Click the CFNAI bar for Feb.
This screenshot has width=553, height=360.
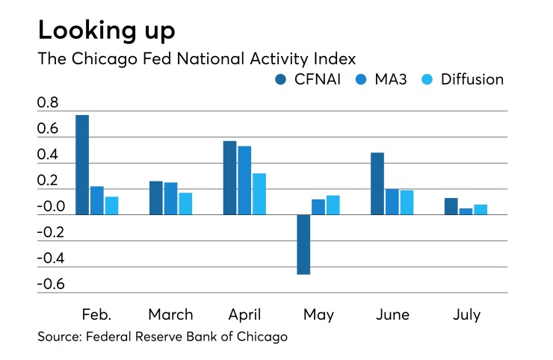[82, 165]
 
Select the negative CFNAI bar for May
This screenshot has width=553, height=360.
[303, 244]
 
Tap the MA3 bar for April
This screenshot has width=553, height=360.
[244, 180]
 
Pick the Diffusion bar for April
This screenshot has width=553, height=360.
[259, 193]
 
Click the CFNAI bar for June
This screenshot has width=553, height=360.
[377, 184]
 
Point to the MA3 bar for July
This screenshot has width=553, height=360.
[466, 211]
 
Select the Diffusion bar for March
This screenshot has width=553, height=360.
[185, 203]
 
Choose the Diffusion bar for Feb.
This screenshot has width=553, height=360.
[111, 205]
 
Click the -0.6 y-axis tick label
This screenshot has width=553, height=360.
[49, 285]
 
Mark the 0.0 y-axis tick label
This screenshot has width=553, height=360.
[50, 207]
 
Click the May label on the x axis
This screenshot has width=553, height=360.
[318, 314]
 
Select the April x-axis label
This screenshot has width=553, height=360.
[244, 314]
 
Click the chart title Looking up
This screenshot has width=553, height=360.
[107, 31]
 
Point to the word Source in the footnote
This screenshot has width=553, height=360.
[60, 337]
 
